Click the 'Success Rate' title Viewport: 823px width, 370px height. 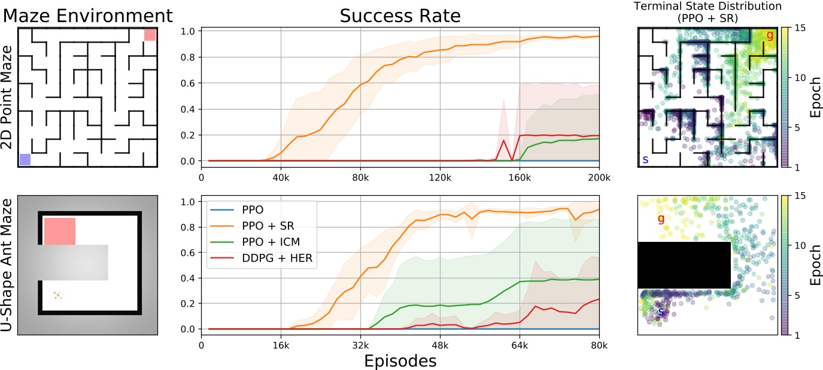point(400,16)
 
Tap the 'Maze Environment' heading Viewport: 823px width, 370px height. point(87,15)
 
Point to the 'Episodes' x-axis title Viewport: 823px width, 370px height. point(400,361)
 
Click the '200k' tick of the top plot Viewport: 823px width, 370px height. point(599,178)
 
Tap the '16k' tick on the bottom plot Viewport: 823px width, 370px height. point(281,345)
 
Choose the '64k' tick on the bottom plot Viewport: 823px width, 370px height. point(520,345)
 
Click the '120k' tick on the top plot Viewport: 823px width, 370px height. point(440,178)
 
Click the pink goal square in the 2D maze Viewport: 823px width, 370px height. point(150,35)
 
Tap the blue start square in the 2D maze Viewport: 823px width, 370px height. point(25,159)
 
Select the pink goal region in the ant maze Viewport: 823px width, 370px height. point(60,231)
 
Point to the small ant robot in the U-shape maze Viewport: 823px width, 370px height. point(57,295)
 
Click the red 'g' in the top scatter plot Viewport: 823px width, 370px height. point(770,35)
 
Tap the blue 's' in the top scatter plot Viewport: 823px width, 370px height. point(645,159)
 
